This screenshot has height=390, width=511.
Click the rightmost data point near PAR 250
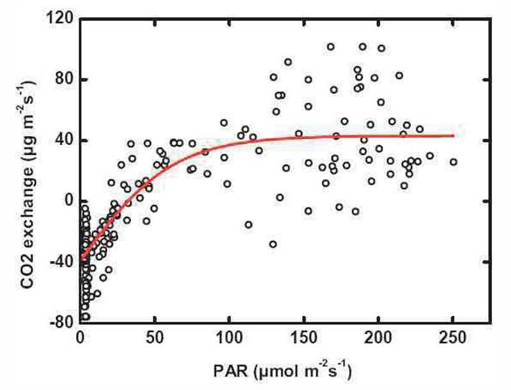(454, 162)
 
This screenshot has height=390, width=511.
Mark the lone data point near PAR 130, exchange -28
(273, 244)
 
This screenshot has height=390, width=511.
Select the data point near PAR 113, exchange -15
(248, 224)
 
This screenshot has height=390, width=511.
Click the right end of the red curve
(453, 135)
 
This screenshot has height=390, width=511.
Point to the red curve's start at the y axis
(82, 258)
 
